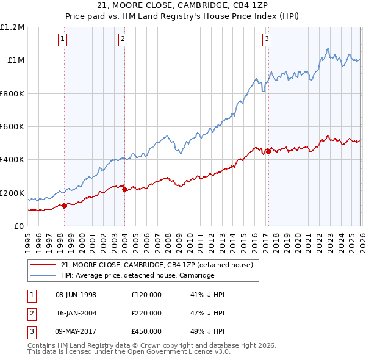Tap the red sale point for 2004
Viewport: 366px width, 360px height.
pos(124,190)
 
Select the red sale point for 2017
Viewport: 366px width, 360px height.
pos(268,152)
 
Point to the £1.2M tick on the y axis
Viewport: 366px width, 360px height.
pos(12,27)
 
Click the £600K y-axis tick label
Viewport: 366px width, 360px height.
pos(12,127)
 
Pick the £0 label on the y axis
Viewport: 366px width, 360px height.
pos(18,226)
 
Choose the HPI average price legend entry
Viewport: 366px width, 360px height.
pos(137,276)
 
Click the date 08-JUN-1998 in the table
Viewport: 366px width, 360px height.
pos(76,295)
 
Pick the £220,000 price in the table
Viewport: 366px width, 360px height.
pos(146,313)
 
